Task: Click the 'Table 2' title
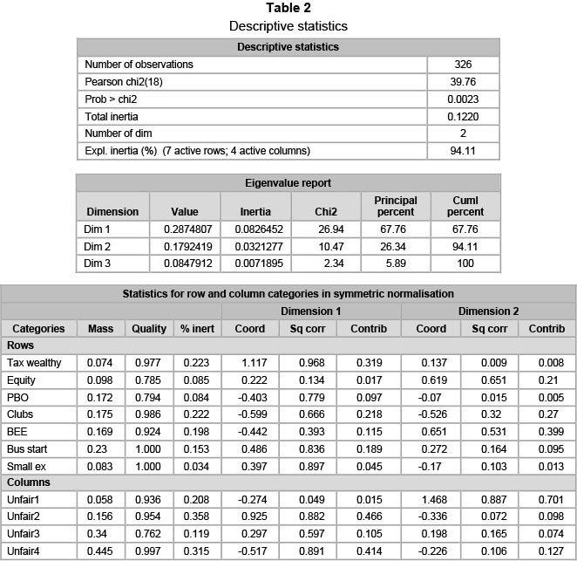pos(288,10)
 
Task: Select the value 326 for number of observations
pos(463,64)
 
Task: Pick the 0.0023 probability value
pos(463,99)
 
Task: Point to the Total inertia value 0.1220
pos(463,116)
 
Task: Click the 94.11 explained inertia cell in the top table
pos(463,151)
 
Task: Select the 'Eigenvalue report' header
pos(288,182)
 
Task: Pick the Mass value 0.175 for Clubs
pos(101,414)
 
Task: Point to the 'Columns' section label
pos(31,482)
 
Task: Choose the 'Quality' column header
pos(149,329)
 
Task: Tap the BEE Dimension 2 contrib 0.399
pos(547,432)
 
